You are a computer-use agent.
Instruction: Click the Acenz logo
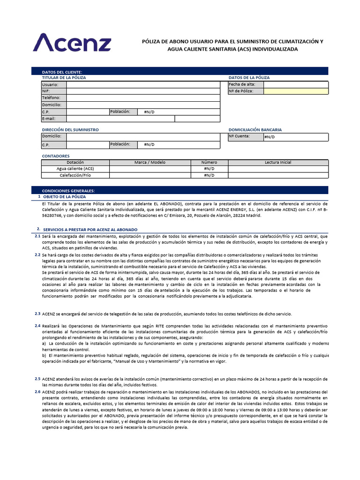pos(72,42)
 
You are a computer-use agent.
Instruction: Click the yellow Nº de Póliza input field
pos(296,91)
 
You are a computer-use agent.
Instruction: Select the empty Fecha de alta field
pos(296,84)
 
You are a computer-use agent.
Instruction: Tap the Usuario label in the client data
pos(50,85)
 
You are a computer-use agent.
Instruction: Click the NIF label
pos(46,91)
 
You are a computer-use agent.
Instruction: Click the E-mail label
pos(49,119)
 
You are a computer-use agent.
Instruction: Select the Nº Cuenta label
pos(239,136)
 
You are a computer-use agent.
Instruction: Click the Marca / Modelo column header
pos(150,162)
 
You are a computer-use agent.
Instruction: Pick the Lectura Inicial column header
pos(278,162)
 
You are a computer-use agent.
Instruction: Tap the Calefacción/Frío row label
pos(75,175)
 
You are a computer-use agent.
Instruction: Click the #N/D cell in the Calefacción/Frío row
pos(209,175)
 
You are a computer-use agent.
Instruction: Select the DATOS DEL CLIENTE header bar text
pos(62,72)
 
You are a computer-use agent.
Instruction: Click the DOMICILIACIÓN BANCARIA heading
pos(255,130)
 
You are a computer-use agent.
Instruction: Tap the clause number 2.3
pos(37,313)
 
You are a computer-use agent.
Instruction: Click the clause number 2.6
pos(37,391)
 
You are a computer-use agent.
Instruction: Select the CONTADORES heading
pos(56,156)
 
